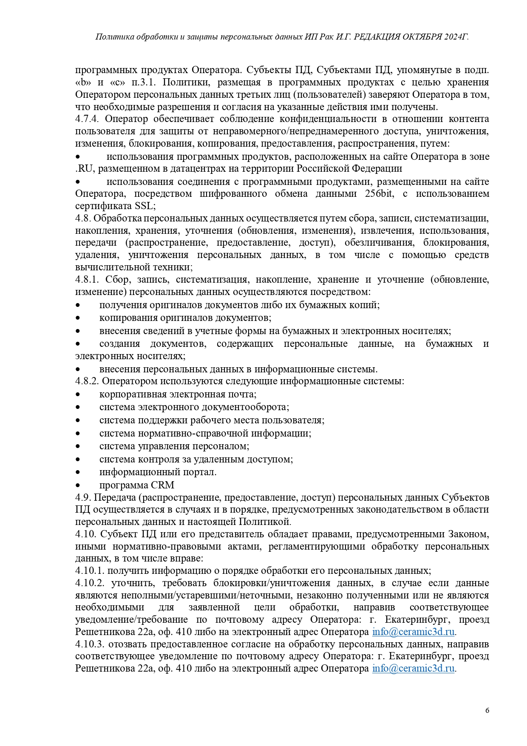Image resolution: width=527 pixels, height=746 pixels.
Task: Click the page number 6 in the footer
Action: (x=487, y=710)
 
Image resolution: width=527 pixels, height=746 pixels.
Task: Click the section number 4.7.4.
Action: (x=88, y=119)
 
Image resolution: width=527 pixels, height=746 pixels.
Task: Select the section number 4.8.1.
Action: (x=88, y=279)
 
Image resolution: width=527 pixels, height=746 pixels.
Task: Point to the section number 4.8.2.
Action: (x=88, y=381)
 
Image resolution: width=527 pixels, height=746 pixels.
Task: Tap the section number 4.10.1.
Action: (x=90, y=570)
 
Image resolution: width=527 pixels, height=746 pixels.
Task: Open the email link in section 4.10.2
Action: (x=413, y=632)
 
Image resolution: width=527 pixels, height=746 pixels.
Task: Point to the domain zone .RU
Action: (x=84, y=169)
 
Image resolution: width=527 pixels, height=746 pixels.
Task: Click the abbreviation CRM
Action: (x=162, y=485)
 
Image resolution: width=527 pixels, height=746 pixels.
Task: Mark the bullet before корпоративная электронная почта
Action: (x=78, y=394)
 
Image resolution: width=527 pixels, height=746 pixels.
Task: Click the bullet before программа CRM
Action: (x=78, y=485)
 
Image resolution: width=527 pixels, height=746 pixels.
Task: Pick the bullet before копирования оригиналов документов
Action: (x=78, y=318)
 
